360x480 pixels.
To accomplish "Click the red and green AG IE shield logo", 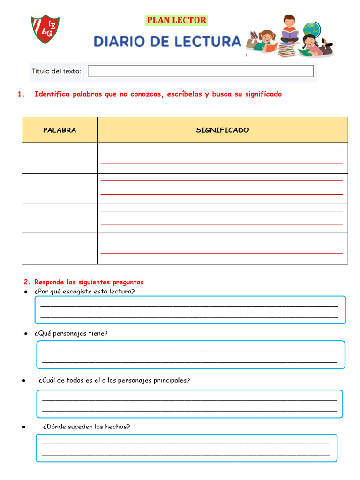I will click(45, 29).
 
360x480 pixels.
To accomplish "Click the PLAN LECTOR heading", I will click(176, 20).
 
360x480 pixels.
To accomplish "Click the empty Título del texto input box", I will click(201, 71).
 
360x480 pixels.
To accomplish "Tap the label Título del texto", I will click(56, 71).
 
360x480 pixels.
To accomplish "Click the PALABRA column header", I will click(60, 130).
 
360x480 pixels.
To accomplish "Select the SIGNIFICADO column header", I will click(223, 130).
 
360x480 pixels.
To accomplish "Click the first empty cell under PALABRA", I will click(60, 158).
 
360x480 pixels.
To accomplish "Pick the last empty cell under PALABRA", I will click(60, 248).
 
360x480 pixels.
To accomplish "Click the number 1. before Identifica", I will click(21, 94).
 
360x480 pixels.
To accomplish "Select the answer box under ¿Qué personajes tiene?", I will click(191, 355).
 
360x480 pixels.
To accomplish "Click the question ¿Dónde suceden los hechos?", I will click(86, 427).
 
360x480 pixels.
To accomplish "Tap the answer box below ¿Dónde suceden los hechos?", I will click(186, 448).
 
